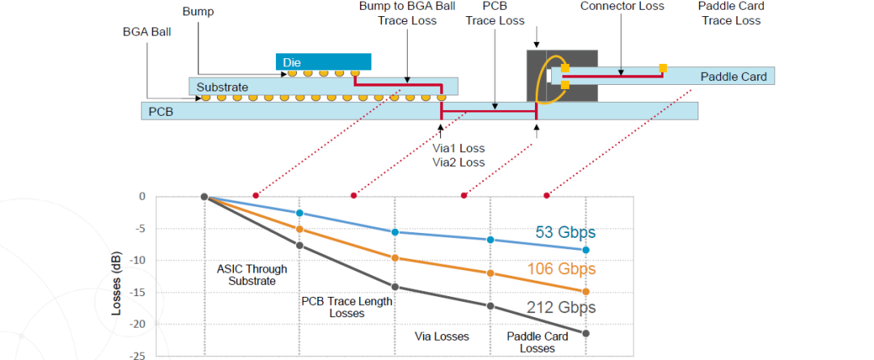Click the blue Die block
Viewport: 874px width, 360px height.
324,61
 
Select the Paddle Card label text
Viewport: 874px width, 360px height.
733,77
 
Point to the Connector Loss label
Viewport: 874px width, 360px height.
622,6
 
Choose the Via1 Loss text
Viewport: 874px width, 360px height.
459,148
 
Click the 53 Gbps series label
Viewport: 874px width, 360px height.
565,233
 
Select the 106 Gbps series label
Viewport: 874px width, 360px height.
561,269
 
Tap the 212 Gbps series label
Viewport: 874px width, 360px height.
561,307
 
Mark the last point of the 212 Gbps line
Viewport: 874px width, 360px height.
586,333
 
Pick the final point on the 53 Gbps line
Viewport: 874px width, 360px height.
586,250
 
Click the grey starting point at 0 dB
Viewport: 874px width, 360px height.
204,197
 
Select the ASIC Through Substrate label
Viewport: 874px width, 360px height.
252,275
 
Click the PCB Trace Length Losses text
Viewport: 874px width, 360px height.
347,307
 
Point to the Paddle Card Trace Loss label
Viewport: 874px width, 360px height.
730,14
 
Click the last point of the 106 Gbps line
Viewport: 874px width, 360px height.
586,291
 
